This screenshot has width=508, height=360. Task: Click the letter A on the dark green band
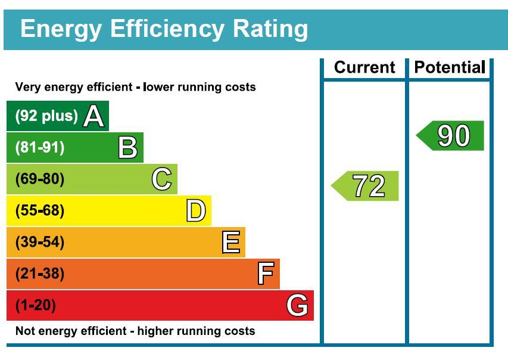[94, 116]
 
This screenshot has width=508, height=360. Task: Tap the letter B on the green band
[127, 148]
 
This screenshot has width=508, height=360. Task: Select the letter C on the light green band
[161, 179]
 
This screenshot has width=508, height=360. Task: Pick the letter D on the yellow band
[196, 211]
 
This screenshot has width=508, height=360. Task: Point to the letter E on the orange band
[230, 243]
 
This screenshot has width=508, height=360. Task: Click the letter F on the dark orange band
[265, 274]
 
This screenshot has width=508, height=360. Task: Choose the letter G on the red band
[297, 306]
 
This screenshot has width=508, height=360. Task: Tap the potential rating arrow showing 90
[451, 136]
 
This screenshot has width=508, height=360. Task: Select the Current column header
[364, 67]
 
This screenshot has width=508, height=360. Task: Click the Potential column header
[449, 67]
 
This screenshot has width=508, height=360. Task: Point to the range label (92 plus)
[46, 116]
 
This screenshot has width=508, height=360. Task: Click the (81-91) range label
[39, 148]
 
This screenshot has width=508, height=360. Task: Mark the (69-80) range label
[39, 179]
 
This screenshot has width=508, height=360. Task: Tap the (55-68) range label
[39, 211]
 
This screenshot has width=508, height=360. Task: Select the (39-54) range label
[39, 243]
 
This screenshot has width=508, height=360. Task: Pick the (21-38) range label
[39, 274]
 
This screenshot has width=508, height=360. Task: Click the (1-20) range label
[35, 306]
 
